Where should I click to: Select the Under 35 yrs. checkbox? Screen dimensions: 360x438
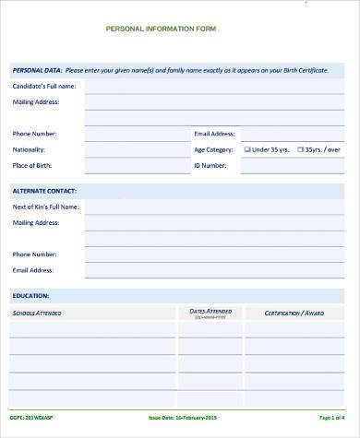point(247,148)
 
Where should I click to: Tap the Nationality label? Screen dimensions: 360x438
point(29,148)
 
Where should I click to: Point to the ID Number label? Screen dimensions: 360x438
point(210,166)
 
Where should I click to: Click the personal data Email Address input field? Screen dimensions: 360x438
point(295,133)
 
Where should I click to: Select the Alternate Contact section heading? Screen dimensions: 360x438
point(44,190)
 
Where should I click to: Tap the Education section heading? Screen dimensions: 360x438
point(30,296)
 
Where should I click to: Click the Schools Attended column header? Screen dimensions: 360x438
point(40,314)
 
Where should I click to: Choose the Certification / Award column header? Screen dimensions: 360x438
point(294,314)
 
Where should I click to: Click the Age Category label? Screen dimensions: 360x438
point(213,148)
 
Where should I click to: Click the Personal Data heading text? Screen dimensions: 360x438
point(36,70)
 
